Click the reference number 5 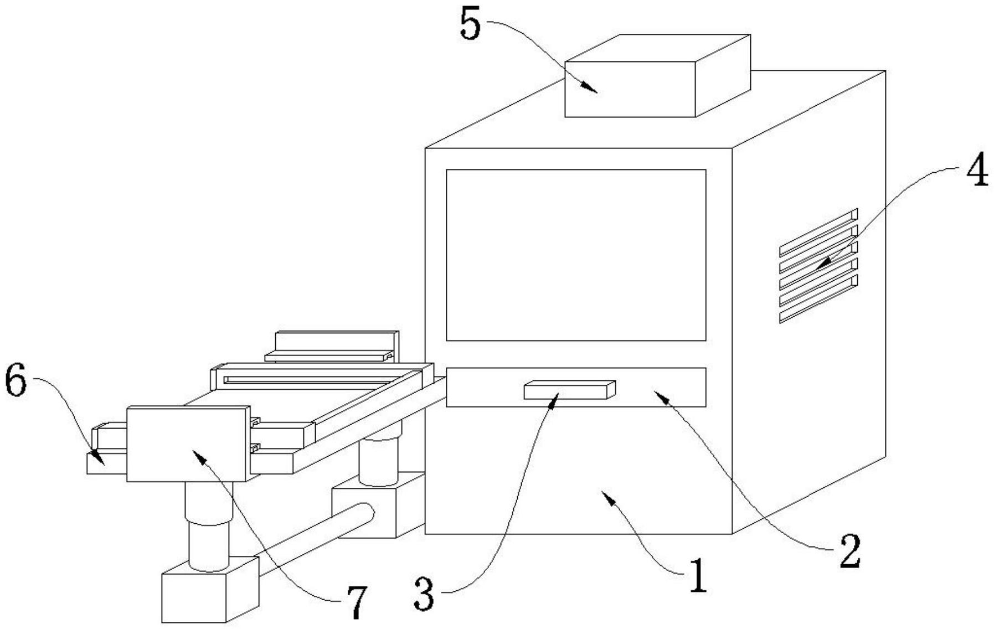coord(470,25)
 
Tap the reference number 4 coord(977,171)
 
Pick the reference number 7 coord(356,602)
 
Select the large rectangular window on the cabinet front coord(576,255)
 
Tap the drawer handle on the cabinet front coord(570,390)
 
